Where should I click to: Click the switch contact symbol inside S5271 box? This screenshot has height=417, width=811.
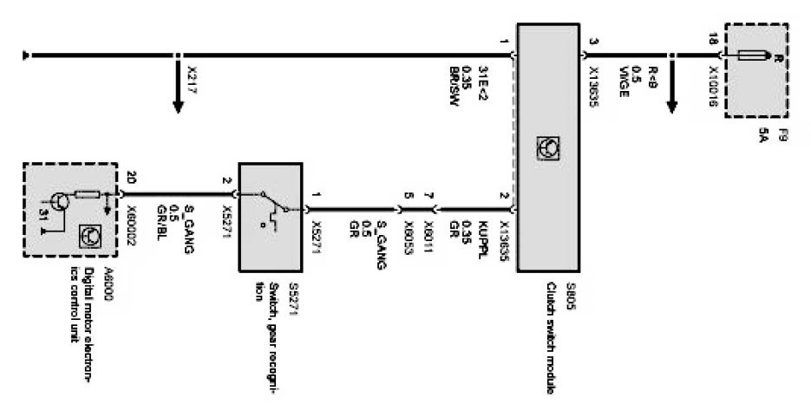point(272,208)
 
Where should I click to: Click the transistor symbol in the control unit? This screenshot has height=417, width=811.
point(57,201)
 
